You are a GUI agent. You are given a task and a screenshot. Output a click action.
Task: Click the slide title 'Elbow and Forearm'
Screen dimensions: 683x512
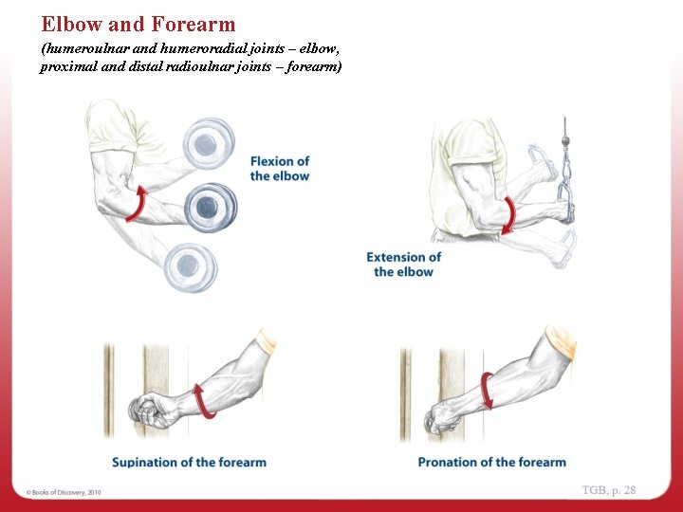coord(138,25)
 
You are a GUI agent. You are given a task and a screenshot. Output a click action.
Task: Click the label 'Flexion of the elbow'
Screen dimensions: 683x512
coord(280,169)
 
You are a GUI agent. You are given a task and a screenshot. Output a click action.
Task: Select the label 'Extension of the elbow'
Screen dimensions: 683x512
coord(403,265)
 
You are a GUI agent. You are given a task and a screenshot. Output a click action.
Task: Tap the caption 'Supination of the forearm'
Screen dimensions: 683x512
coord(189,462)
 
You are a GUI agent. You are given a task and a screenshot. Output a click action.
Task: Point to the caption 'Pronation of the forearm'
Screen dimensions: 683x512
coord(491,462)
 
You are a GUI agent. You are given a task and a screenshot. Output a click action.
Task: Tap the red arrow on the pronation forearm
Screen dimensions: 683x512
coord(486,391)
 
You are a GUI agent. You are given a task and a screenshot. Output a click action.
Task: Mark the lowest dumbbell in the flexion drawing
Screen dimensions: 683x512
coord(186,265)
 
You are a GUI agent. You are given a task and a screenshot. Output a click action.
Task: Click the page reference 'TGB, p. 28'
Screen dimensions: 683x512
coord(609,490)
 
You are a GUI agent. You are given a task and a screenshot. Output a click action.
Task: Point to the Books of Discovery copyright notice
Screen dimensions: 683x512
coord(64,492)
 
